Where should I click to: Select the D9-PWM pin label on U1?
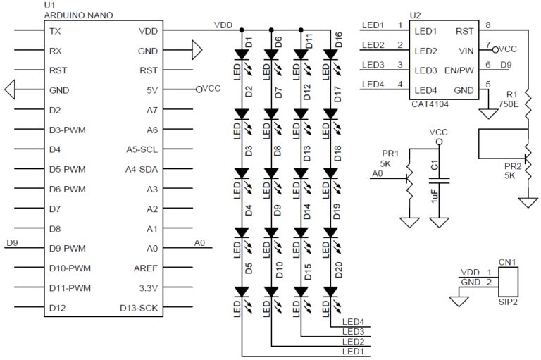point(67,248)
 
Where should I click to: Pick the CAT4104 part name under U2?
point(430,104)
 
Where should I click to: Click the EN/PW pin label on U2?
point(459,70)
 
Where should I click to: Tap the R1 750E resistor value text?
point(508,103)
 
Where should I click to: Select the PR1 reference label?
point(390,153)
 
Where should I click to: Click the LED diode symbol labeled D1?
point(242,54)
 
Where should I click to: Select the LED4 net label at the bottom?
point(352,322)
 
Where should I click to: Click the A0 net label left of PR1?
point(377,173)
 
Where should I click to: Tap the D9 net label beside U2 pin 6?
point(506,66)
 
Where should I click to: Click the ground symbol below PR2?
point(528,202)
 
